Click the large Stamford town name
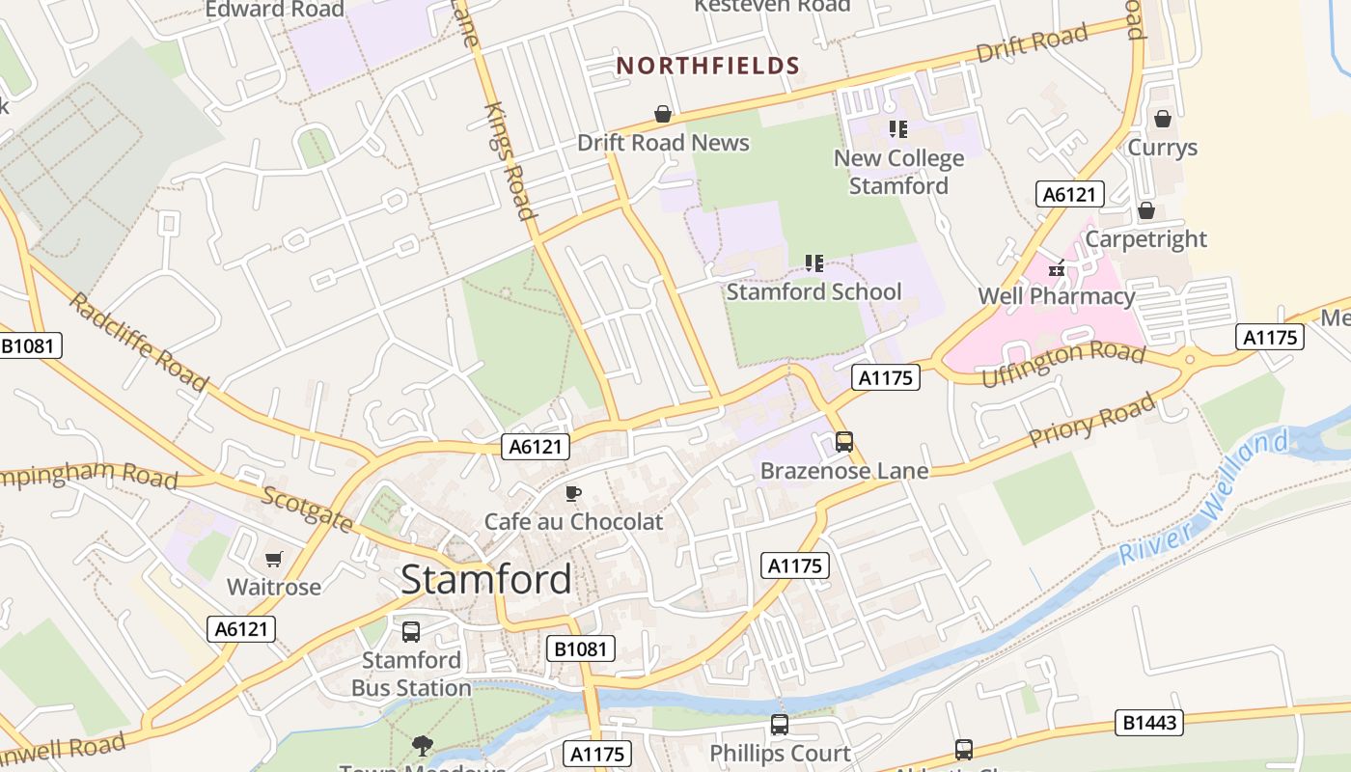[485, 579]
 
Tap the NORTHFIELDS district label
[708, 66]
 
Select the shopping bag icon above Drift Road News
[663, 115]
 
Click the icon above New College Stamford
[898, 129]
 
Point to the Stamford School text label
[813, 291]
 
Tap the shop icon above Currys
[1163, 119]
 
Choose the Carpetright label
[1146, 238]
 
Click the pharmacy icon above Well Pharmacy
[1057, 269]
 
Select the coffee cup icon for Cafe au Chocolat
[573, 494]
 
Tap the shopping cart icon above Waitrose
[274, 559]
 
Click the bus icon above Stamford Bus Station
[411, 632]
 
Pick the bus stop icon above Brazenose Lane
[844, 442]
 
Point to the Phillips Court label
[780, 753]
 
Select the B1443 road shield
[1149, 723]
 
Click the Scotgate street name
[308, 510]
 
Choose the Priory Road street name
[1091, 421]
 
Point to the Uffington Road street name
[1062, 363]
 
